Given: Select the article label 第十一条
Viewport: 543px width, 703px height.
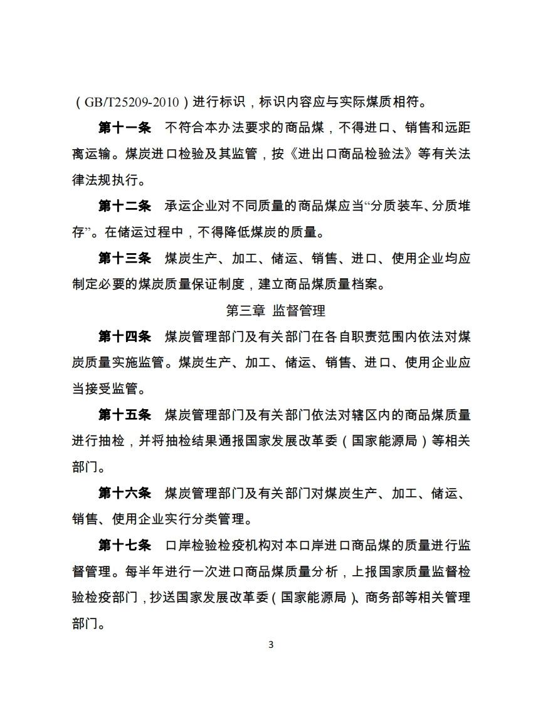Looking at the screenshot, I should point(125,128).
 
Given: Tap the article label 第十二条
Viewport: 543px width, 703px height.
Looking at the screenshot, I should point(125,207).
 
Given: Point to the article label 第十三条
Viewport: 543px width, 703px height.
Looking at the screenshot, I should point(125,258).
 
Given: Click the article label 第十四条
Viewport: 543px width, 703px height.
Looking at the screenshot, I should point(125,336).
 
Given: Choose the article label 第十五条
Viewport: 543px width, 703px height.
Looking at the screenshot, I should point(125,414).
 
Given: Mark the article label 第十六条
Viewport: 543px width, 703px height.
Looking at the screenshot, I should point(125,492).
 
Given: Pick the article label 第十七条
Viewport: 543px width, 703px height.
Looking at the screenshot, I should point(125,545).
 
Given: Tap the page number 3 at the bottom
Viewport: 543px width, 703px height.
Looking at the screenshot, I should point(271,645).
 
